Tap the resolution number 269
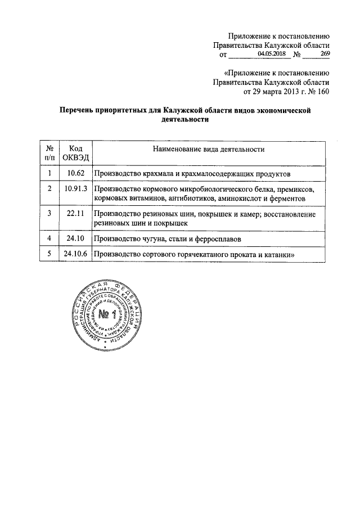[x=324, y=53]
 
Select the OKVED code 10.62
[x=75, y=174]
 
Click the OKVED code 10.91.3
[x=75, y=190]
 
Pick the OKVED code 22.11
[x=75, y=214]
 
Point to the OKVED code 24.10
[x=75, y=239]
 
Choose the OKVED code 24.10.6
[x=75, y=255]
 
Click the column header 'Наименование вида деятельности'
[x=208, y=149]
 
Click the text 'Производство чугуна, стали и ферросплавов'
[x=168, y=239]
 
